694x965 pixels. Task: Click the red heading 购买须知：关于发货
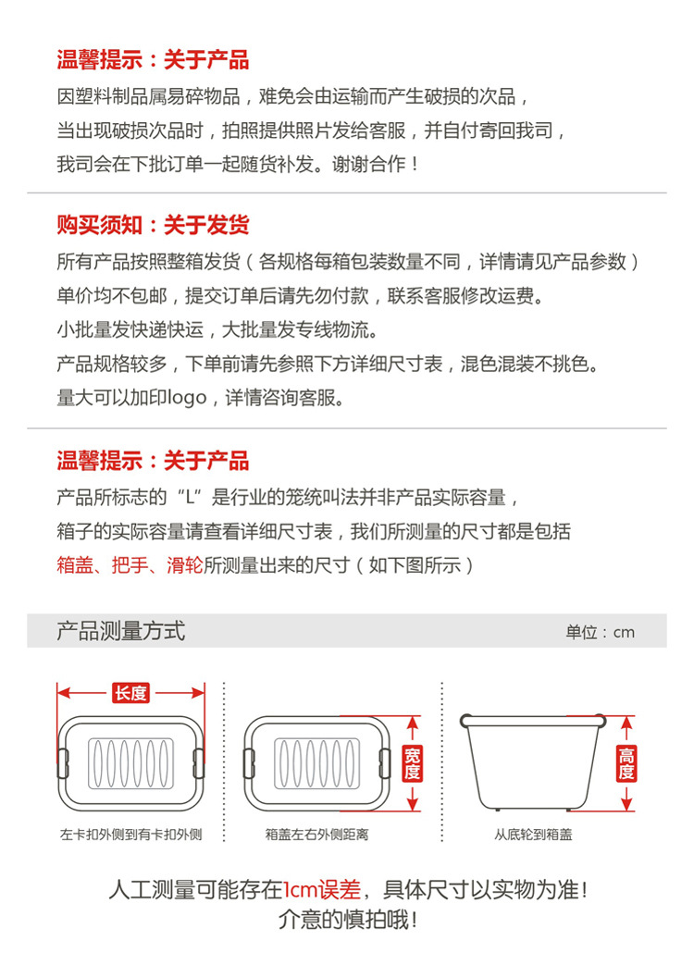click(x=153, y=225)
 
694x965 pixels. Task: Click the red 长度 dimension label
click(x=130, y=693)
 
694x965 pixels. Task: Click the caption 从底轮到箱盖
click(x=533, y=835)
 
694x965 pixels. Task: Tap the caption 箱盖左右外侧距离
click(x=316, y=835)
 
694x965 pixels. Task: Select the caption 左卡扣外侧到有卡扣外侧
click(x=130, y=835)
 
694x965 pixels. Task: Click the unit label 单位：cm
click(x=601, y=632)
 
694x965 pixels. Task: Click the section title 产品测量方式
click(x=120, y=631)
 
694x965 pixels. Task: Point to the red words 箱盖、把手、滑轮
click(x=130, y=565)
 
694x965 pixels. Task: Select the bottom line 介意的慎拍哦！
click(x=347, y=920)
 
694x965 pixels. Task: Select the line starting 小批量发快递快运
click(x=217, y=329)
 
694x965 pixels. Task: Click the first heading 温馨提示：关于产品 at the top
click(x=153, y=61)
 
